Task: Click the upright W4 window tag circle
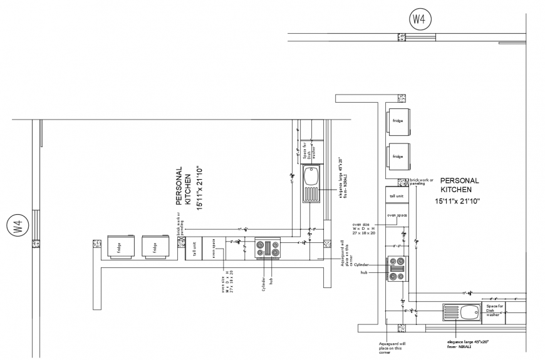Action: point(418,19)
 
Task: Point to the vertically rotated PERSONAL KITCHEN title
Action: point(183,187)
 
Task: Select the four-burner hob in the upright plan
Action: point(397,267)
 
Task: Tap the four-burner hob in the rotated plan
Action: point(268,249)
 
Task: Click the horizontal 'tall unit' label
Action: point(397,195)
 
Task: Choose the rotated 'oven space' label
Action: point(213,248)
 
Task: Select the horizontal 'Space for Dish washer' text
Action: point(493,311)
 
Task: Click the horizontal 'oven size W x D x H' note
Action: point(364,228)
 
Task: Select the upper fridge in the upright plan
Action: point(397,121)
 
